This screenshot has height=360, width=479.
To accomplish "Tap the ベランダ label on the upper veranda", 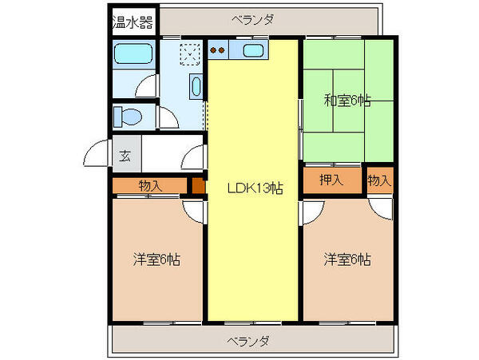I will tap(253, 19).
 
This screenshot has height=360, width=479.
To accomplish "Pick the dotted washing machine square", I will tap(190, 54).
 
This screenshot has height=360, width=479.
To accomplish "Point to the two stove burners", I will tap(218, 53).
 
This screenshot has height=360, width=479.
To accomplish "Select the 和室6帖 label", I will tap(346, 101).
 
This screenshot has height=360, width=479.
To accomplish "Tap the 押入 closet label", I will tap(331, 180).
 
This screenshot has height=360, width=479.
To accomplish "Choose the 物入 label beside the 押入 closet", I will tap(379, 180).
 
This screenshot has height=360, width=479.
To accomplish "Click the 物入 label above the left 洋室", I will tap(149, 185).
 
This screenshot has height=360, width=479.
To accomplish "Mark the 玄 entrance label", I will tap(126, 156).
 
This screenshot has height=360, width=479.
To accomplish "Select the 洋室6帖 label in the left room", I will tap(156, 259).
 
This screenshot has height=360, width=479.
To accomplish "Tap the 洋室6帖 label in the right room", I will tap(346, 259).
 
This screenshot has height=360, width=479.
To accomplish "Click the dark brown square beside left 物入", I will tap(197, 186).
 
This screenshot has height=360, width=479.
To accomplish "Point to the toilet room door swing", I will tap(168, 117).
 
